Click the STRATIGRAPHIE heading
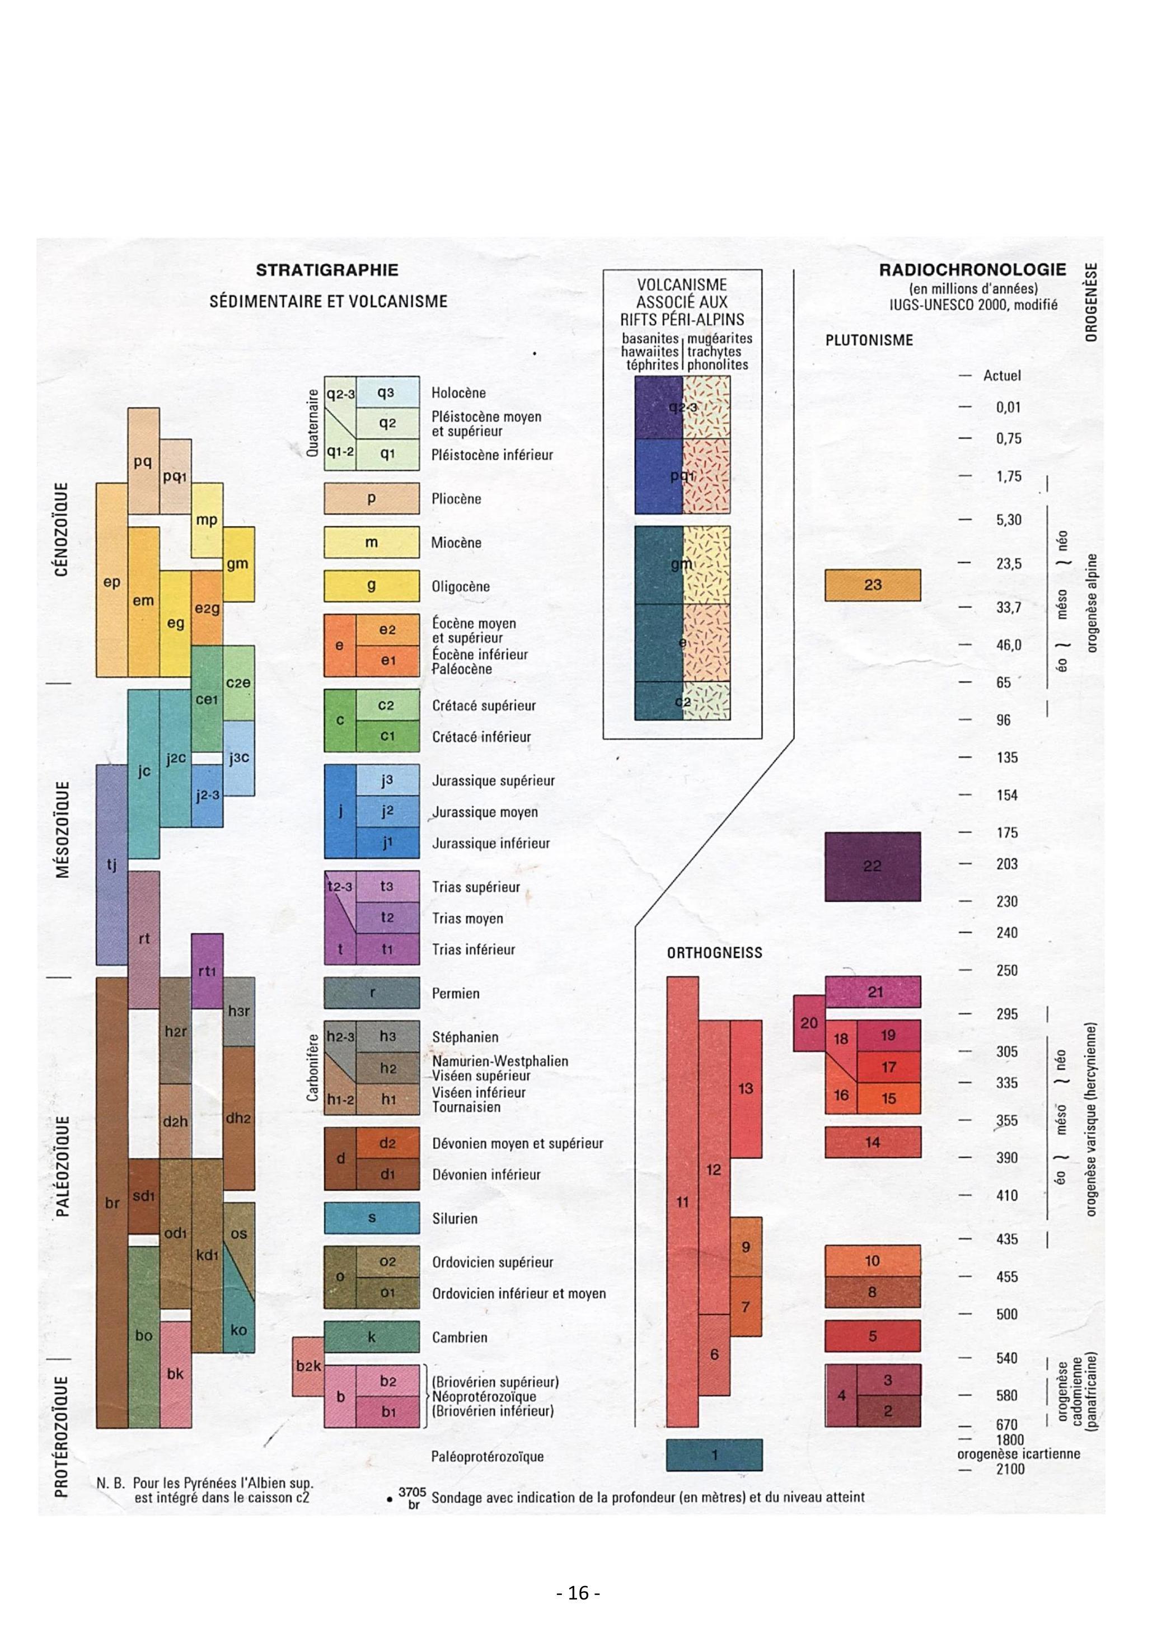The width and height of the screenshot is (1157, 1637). (327, 270)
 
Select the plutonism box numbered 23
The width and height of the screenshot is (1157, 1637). (873, 586)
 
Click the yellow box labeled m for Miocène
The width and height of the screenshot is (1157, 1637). (372, 542)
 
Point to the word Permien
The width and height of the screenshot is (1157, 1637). (456, 993)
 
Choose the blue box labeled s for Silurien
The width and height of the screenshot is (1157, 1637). (372, 1218)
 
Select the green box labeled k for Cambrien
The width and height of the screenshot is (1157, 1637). (372, 1337)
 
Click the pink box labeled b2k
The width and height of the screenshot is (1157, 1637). (308, 1366)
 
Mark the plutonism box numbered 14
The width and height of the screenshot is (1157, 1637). (873, 1142)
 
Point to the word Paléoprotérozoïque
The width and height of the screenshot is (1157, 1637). (488, 1456)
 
